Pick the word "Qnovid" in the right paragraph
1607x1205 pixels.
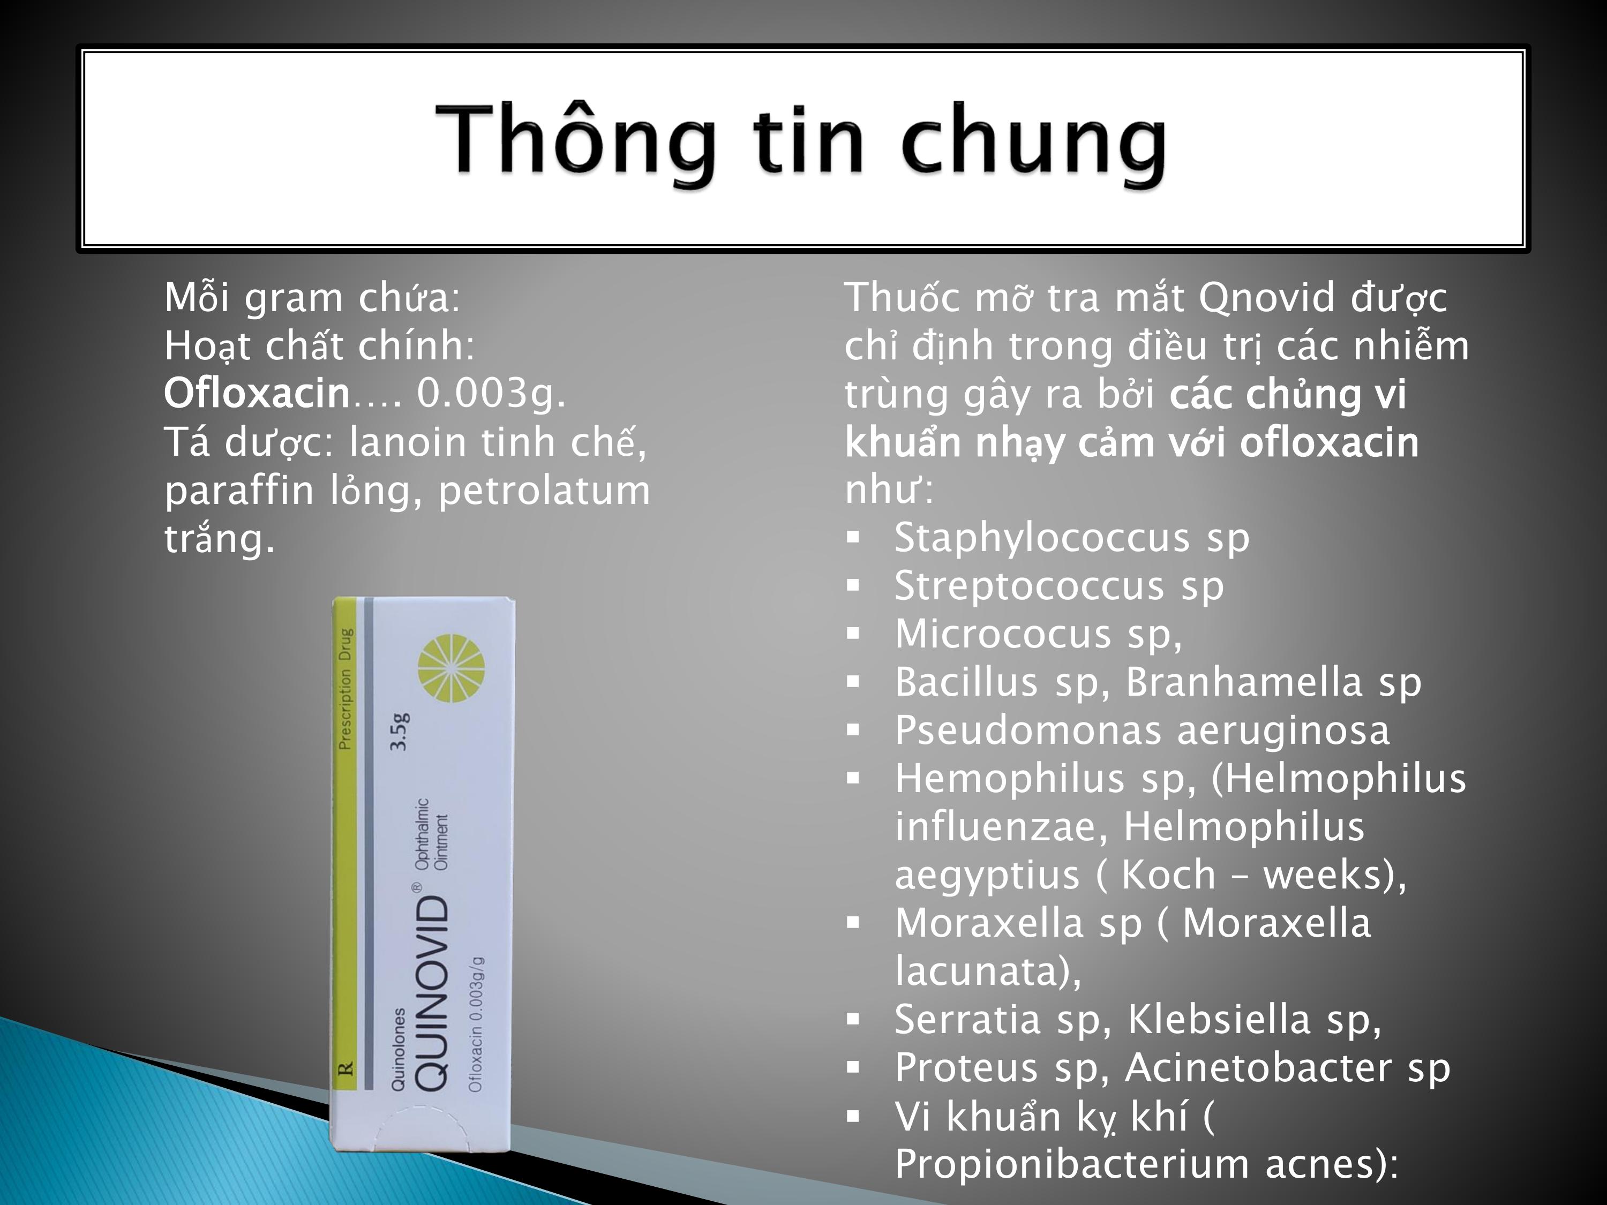(x=1266, y=297)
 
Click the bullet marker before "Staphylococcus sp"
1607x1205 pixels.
(x=853, y=538)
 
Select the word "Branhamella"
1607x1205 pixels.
(x=1244, y=682)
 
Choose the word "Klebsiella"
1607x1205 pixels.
(x=1219, y=1019)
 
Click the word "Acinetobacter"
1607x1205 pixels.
(x=1258, y=1068)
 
